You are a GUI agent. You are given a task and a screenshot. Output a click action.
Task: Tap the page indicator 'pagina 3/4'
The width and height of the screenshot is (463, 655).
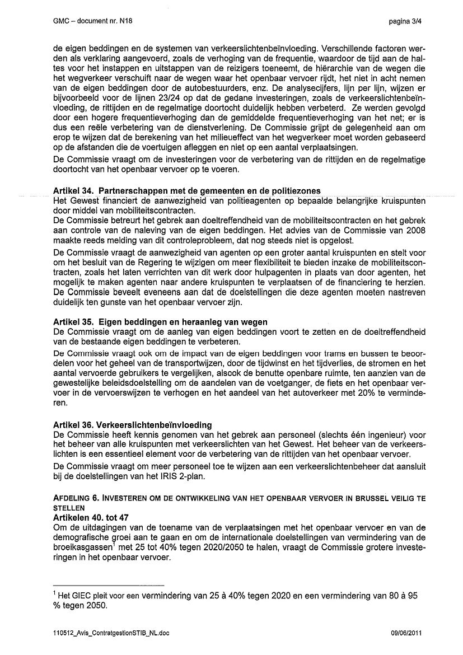pos(404,21)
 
